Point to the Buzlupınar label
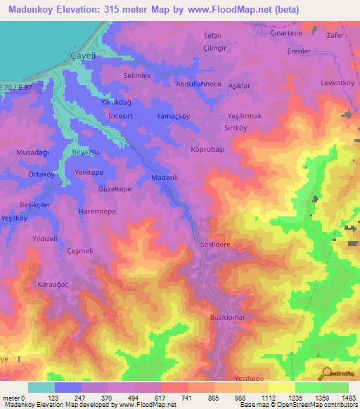pyautogui.click(x=226, y=318)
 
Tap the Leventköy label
pyautogui.click(x=336, y=82)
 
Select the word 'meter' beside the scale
pyautogui.click(x=11, y=398)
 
